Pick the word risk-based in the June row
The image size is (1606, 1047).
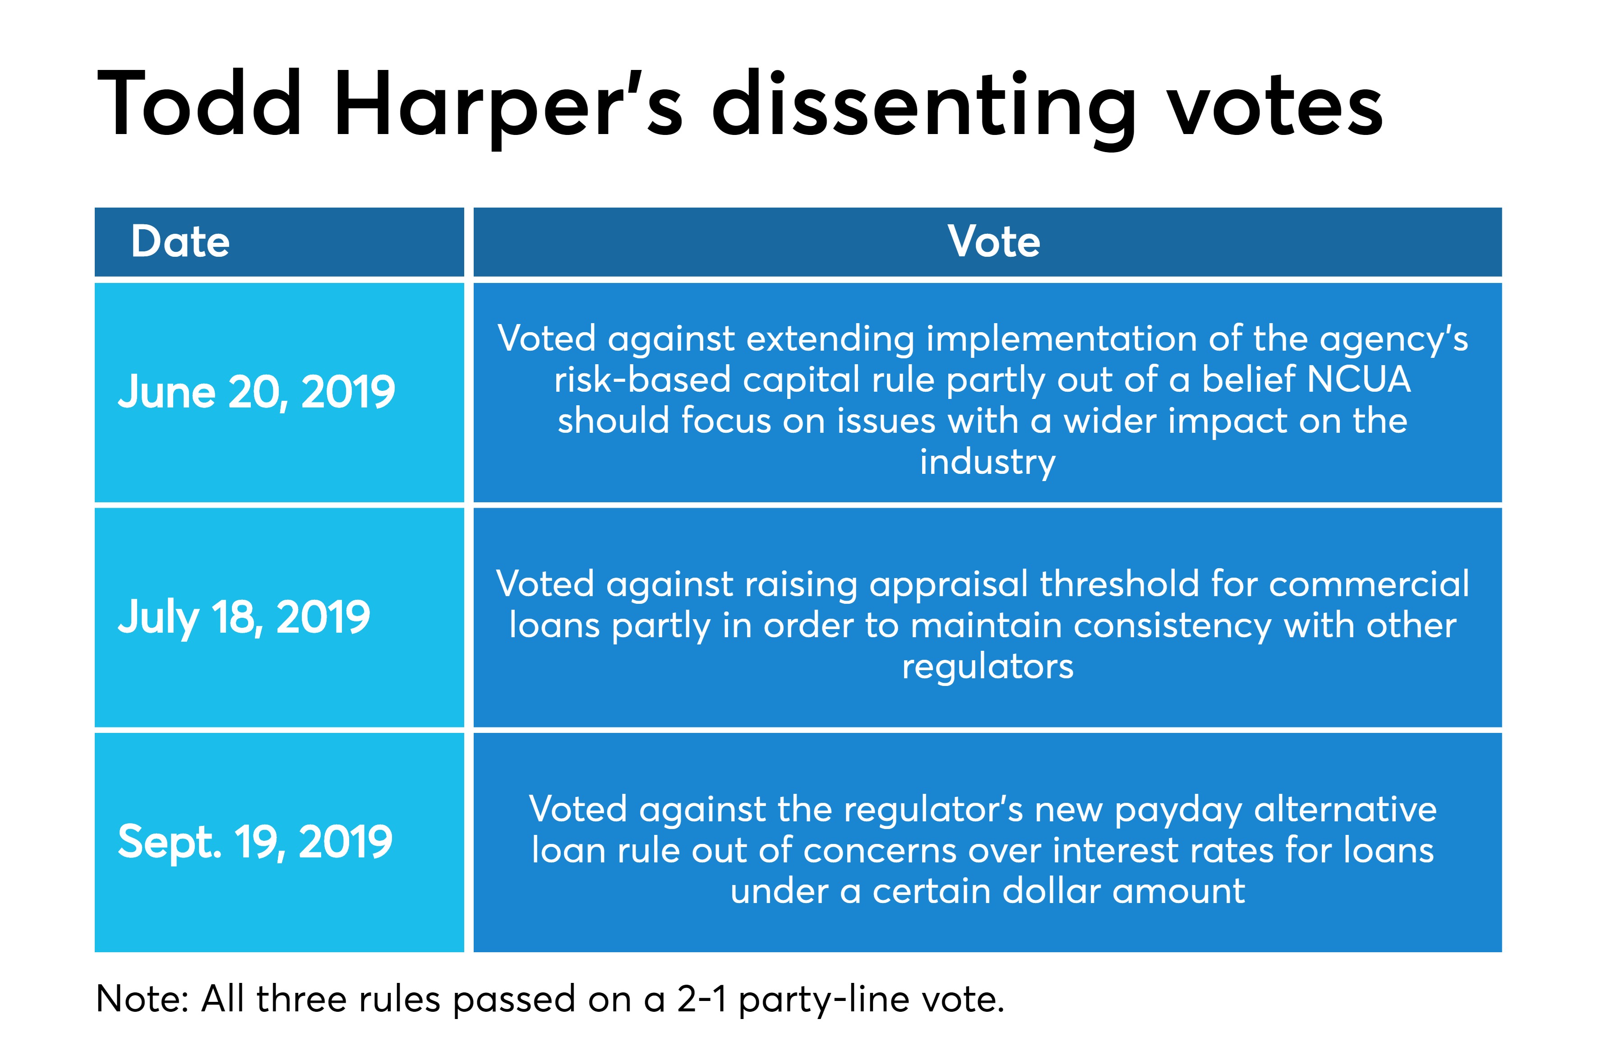coord(642,379)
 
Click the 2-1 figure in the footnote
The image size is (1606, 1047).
coord(702,999)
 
